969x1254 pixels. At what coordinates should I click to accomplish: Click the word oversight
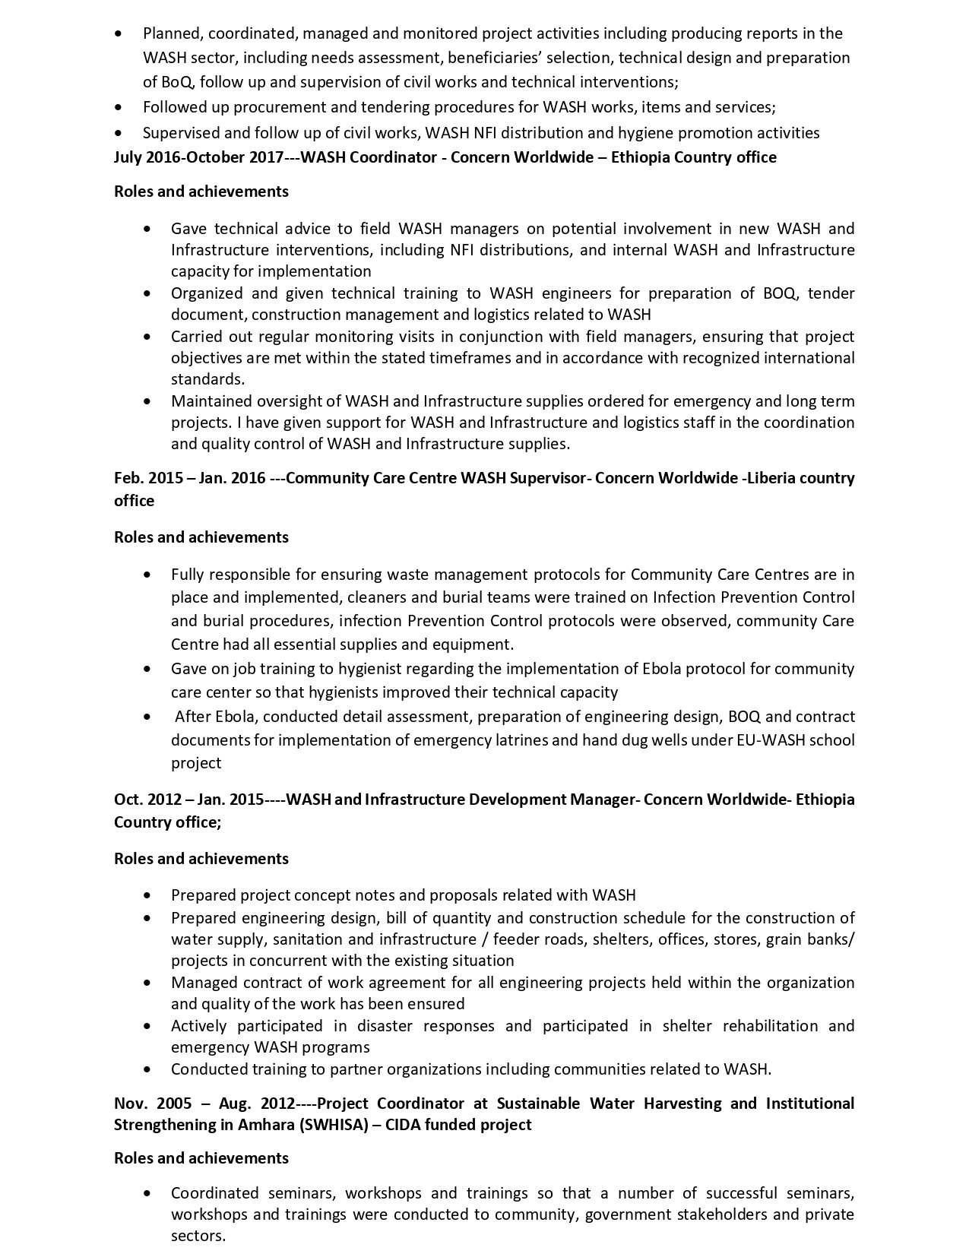293,401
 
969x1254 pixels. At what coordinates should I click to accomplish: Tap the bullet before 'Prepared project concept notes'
147,895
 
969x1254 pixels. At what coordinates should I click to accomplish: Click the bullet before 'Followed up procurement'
118,108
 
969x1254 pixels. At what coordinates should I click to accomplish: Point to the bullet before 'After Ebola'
147,717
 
